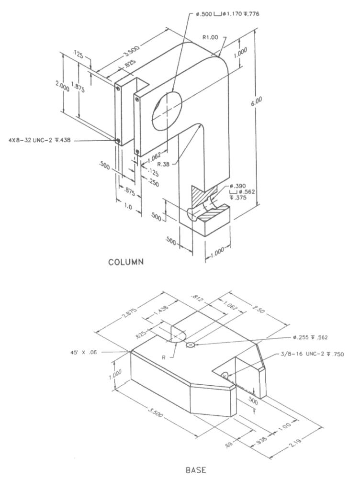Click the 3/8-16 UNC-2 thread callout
pyautogui.click(x=312, y=355)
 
